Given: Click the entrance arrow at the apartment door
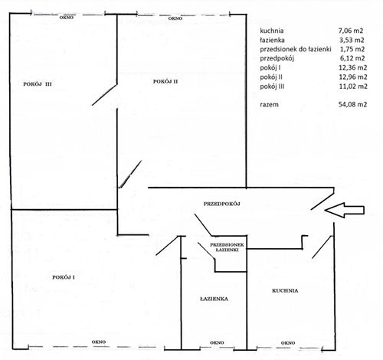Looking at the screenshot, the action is [345, 210].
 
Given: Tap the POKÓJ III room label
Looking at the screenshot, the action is [38, 84].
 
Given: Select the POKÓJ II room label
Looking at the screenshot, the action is [165, 81].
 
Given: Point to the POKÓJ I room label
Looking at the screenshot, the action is [64, 277].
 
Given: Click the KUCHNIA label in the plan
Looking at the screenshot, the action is [285, 290].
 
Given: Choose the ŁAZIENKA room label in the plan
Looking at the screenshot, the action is [214, 299].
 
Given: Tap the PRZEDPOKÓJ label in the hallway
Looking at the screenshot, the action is [222, 204].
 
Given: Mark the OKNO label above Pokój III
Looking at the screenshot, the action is [67, 18].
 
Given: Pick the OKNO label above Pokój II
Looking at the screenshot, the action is [175, 18].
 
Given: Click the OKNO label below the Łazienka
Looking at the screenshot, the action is [217, 342].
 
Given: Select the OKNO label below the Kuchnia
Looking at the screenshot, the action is [288, 343].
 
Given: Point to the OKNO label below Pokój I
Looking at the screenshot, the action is [99, 342].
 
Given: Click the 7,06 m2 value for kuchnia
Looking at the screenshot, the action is [351, 31].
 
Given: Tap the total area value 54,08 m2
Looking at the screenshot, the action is [352, 104].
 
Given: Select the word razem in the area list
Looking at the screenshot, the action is [269, 104].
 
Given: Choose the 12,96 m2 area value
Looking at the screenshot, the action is [353, 77].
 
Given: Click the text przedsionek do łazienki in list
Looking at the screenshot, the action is [296, 49].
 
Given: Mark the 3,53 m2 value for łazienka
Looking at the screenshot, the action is [352, 40].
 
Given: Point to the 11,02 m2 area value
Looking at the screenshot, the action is [353, 87].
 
